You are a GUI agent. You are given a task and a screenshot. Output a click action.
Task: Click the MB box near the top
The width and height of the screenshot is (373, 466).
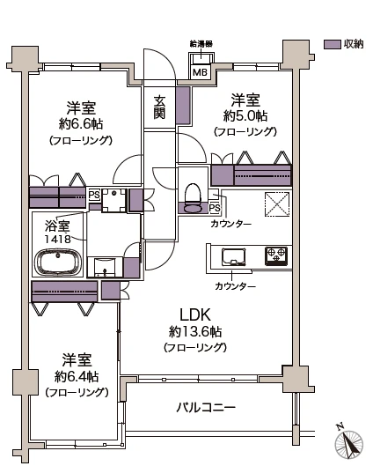point(201,72)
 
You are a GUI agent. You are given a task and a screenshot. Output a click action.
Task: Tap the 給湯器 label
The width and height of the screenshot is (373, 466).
point(201,43)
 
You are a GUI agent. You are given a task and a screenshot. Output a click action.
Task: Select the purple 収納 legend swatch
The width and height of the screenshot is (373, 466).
point(332,44)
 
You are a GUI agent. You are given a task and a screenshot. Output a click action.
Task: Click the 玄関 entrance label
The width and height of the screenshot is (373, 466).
point(159,107)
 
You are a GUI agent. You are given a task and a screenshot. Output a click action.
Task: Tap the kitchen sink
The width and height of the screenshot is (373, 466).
point(235,256)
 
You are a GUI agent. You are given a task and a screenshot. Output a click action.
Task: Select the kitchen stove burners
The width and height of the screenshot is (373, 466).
point(276,255)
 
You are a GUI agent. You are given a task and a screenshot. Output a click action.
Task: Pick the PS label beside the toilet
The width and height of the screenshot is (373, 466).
point(214,208)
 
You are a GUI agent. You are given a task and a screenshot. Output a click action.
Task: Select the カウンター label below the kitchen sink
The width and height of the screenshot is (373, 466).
point(235,287)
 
